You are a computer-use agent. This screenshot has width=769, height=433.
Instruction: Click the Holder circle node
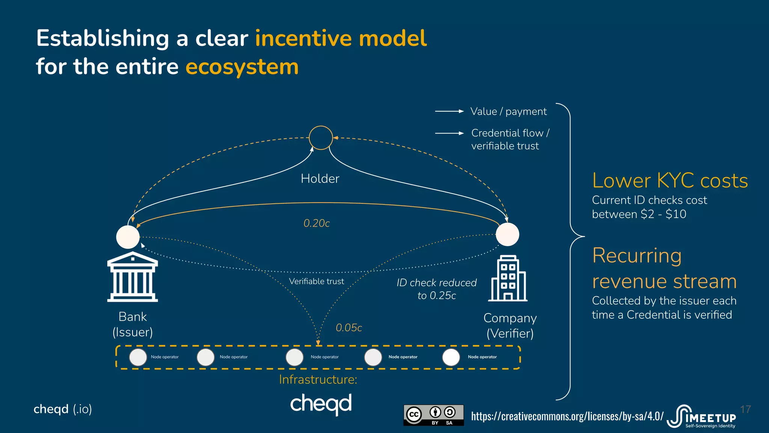point(321,138)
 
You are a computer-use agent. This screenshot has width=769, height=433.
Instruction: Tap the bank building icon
point(133,277)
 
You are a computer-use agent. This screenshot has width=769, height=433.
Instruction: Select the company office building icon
point(508,279)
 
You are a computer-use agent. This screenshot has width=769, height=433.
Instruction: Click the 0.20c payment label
point(317,223)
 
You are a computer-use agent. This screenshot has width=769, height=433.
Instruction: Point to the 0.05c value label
point(349,328)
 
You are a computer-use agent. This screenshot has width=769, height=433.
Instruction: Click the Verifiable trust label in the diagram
point(317,281)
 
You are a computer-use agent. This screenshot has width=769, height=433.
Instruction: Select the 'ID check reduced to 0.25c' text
point(437,289)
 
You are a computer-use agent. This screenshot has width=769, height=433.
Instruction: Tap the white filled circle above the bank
point(128,237)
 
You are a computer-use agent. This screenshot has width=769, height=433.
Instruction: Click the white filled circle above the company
point(507,234)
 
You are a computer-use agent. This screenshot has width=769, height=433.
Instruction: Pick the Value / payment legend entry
point(508,112)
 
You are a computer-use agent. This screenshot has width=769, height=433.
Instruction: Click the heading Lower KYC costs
point(670,181)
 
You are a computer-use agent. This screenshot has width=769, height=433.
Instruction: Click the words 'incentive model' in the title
point(341,38)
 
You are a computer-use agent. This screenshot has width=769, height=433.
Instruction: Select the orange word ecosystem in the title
point(242,67)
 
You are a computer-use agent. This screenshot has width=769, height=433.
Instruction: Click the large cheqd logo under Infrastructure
point(321,404)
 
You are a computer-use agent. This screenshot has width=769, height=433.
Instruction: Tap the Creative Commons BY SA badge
point(433,415)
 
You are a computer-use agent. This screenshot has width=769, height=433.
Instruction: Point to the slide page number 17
point(745,409)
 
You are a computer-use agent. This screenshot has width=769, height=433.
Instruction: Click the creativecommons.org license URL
point(567,416)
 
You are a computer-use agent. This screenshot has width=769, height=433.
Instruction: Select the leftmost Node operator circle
point(138,357)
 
